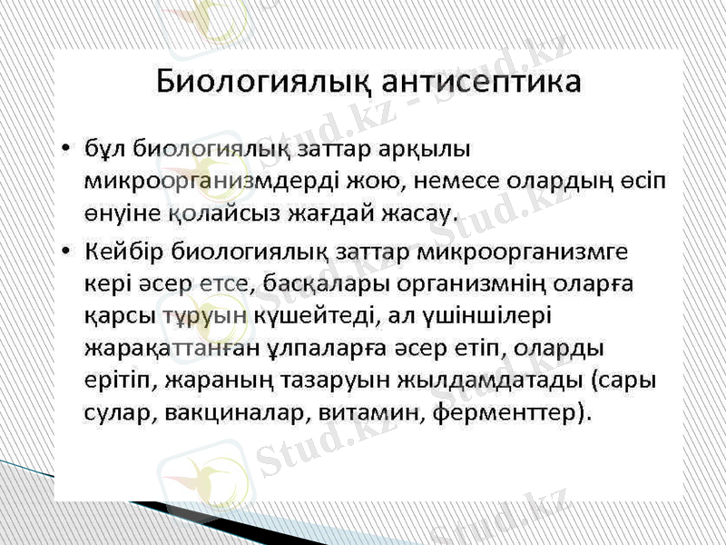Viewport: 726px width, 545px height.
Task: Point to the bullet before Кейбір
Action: click(66, 249)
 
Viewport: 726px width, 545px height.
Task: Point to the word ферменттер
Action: click(514, 414)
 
